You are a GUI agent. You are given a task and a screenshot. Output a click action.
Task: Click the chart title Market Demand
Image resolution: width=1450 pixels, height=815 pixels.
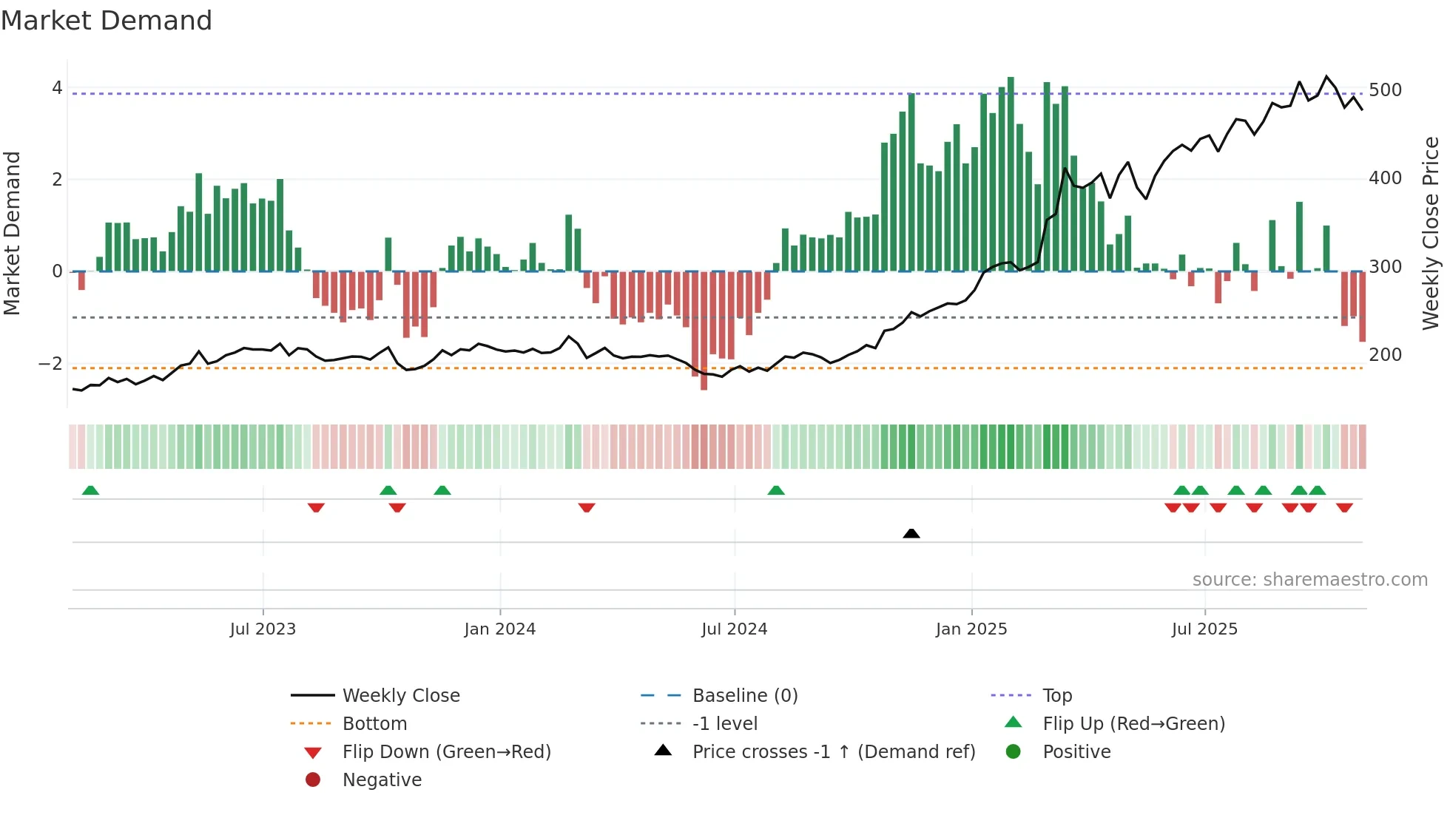click(x=107, y=21)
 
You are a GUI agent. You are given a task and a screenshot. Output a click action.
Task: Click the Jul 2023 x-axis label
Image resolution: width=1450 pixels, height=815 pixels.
click(x=263, y=629)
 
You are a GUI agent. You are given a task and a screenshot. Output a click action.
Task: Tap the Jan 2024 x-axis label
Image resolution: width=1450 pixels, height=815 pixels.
click(x=499, y=629)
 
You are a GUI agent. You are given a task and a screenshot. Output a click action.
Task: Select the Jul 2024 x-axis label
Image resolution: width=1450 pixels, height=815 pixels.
click(x=734, y=629)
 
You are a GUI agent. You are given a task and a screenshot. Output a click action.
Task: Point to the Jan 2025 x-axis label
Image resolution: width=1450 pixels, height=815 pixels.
click(x=971, y=629)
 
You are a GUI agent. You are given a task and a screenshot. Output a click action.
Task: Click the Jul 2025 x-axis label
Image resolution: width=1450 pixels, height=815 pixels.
click(x=1204, y=629)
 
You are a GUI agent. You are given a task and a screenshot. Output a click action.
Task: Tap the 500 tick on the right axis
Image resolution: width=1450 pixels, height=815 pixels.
click(x=1385, y=90)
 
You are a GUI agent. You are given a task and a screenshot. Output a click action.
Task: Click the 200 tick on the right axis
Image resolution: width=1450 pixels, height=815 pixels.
click(x=1385, y=355)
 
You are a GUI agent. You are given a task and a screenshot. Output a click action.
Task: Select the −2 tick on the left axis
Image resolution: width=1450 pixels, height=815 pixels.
click(x=50, y=364)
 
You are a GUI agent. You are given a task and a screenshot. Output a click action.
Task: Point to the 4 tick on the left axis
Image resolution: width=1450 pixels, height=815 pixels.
click(x=57, y=88)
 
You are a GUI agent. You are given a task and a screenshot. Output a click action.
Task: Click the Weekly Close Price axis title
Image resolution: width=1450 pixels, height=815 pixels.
click(x=1431, y=233)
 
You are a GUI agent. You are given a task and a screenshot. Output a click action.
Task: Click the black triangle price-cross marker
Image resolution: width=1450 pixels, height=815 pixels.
click(x=911, y=533)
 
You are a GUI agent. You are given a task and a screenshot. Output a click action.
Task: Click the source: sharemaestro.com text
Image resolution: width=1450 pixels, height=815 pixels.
click(x=1309, y=580)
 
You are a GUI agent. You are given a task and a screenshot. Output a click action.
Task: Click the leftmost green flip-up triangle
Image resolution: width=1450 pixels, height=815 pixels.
click(x=90, y=490)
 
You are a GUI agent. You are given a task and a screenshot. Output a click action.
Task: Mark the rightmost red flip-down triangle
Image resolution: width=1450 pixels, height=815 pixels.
click(x=1344, y=507)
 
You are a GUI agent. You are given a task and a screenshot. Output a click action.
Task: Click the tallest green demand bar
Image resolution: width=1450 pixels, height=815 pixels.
click(x=1011, y=174)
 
